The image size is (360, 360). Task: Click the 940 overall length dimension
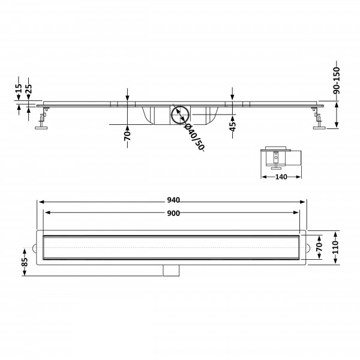click(173, 200)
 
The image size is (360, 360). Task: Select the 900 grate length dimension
click(173, 213)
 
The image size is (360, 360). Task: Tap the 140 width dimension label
click(281, 177)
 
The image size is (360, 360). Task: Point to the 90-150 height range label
click(337, 80)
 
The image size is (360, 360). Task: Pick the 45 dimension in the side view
click(233, 127)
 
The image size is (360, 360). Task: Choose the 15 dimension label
click(19, 88)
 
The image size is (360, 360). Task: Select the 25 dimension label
click(29, 89)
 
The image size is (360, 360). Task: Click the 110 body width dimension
click(335, 247)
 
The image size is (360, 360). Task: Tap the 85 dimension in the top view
click(25, 262)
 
